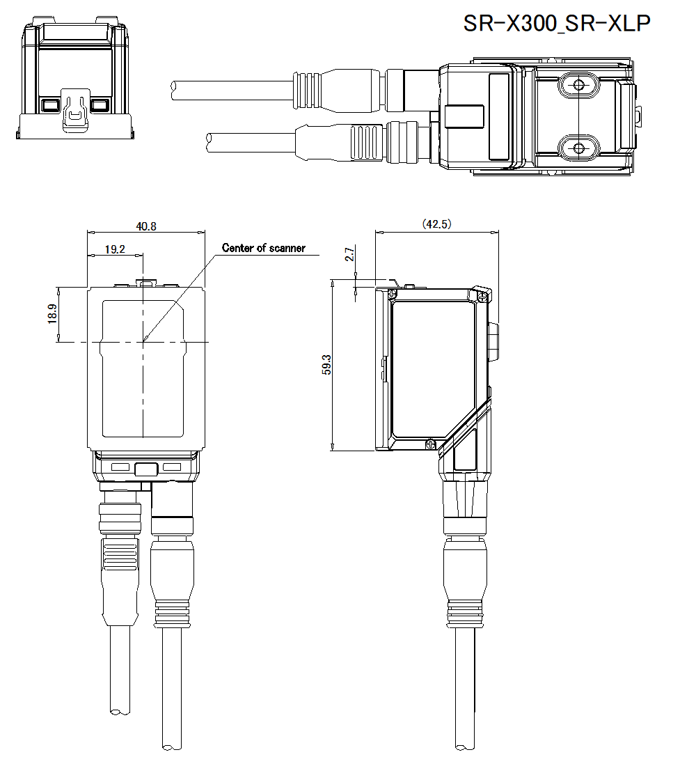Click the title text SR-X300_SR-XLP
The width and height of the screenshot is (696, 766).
(557, 23)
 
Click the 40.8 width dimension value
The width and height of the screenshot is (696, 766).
(146, 226)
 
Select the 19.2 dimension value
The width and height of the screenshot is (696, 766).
(114, 249)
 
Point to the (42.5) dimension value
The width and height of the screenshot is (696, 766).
(437, 224)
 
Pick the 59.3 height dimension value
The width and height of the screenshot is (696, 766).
(326, 364)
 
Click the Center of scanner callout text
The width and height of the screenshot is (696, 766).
(263, 248)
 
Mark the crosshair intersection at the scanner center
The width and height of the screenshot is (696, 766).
(143, 342)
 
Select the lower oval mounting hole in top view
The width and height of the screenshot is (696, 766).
(578, 147)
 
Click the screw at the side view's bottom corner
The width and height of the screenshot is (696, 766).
(431, 443)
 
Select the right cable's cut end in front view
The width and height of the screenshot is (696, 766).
(171, 747)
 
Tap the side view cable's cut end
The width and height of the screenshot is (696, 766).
(465, 747)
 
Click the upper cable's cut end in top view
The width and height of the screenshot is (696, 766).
(174, 86)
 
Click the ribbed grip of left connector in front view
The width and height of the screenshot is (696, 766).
(114, 558)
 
